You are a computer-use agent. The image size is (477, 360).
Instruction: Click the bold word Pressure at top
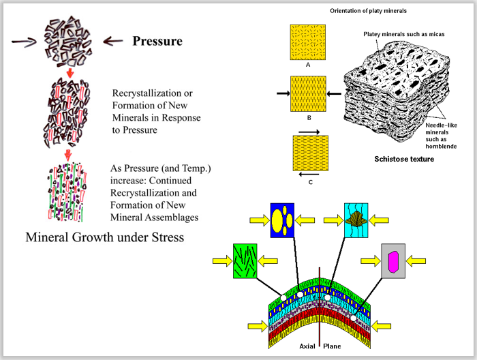157,41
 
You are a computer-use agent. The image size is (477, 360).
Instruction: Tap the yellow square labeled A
309,42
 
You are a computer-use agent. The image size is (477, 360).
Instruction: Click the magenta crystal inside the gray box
393,260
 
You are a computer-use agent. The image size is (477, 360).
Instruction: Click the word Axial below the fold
308,346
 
